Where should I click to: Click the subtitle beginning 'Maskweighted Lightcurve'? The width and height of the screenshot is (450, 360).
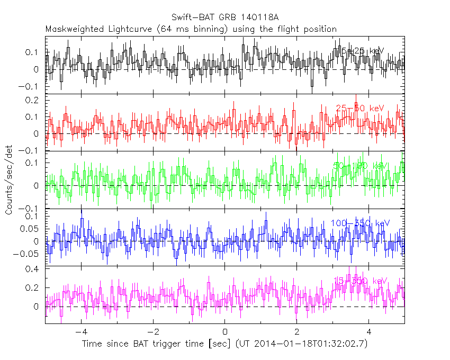[191, 29]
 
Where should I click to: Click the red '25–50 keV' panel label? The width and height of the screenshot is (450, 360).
[360, 109]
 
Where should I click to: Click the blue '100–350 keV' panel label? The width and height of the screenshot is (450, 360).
[360, 223]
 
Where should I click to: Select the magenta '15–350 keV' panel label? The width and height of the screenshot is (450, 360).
[360, 280]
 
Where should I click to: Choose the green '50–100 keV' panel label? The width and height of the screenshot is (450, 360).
[360, 166]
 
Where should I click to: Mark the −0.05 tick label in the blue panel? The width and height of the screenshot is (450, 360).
[29, 254]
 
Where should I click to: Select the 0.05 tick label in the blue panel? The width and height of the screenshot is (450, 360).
[31, 229]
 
